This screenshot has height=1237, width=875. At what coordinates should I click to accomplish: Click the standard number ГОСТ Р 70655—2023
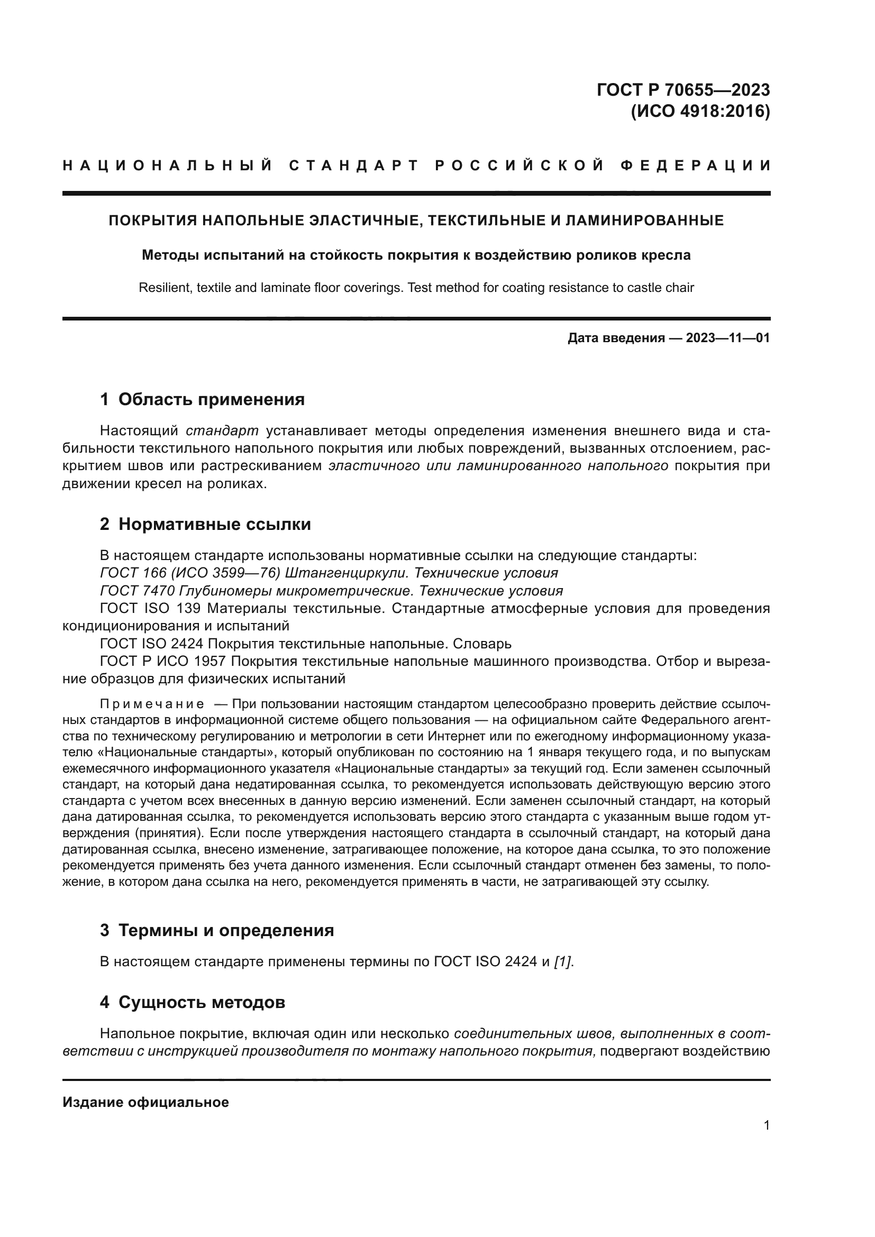(682, 89)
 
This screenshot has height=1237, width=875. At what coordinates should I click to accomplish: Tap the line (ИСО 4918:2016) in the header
(700, 112)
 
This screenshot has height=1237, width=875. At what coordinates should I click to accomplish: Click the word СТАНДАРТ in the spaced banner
(354, 166)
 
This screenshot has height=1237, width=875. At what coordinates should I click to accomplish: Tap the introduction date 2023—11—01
(727, 338)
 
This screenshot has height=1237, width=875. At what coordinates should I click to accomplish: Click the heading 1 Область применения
(202, 399)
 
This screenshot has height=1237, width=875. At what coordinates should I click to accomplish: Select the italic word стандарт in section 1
(222, 431)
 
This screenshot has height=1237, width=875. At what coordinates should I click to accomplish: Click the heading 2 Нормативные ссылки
(205, 524)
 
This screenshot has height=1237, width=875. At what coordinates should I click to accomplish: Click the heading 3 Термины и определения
(216, 930)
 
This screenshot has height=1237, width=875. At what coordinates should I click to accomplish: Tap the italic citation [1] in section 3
(562, 961)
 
